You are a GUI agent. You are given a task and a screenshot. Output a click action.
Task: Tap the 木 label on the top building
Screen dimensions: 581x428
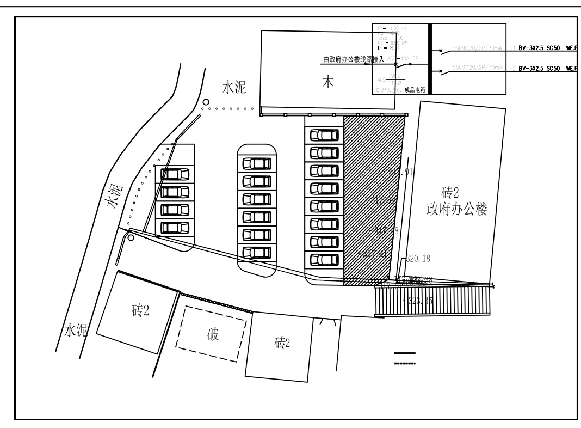coord(327,83)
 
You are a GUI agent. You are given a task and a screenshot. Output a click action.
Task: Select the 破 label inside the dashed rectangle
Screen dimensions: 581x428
coord(213,335)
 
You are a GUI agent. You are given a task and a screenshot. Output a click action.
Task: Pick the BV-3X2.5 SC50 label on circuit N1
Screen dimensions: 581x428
coord(540,48)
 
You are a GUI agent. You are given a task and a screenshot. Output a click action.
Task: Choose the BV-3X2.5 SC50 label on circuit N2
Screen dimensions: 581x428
coord(540,69)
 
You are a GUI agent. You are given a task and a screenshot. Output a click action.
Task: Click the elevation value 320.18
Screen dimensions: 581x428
coord(418,258)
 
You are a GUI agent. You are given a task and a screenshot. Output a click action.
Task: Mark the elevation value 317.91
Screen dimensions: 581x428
coord(402,172)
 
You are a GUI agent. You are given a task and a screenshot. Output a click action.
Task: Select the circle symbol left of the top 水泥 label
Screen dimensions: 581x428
coord(206,102)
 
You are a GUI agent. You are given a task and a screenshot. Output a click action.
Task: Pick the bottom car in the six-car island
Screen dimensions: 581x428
coord(256,253)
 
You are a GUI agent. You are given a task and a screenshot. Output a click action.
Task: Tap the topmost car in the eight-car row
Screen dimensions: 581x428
coord(324,134)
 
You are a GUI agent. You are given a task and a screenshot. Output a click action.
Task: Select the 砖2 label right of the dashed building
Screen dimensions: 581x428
coord(281,343)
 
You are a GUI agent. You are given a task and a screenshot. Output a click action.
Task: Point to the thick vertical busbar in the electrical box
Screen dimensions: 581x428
coord(430,59)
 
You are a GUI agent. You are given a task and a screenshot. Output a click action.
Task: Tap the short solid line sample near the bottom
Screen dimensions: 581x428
coord(405,353)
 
